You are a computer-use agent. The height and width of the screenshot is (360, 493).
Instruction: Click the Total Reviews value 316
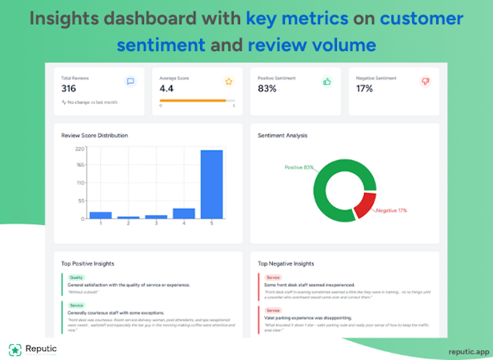[69, 89]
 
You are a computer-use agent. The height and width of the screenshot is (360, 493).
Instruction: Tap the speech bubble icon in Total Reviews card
[130, 82]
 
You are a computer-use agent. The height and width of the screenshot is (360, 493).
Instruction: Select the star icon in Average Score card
[228, 82]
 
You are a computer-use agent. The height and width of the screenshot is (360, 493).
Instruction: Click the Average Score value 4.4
[166, 89]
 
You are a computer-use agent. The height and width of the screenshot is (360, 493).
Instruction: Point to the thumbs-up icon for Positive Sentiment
[327, 82]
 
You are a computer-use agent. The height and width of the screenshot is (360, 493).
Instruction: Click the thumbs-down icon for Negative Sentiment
[424, 82]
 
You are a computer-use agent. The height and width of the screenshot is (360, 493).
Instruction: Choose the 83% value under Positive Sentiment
[267, 89]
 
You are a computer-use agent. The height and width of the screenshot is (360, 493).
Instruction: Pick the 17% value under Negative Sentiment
[364, 89]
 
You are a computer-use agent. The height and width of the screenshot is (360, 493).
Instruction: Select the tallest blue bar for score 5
[211, 184]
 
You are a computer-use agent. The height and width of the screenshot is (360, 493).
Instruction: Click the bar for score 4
[184, 214]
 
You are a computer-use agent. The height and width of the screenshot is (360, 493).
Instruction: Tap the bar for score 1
[100, 215]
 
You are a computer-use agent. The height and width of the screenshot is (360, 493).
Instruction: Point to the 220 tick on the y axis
[80, 149]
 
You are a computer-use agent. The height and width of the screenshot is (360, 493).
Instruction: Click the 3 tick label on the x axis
[156, 224]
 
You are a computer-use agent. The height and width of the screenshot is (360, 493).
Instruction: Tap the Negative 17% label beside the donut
[392, 210]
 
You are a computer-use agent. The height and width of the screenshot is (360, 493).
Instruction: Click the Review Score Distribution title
[94, 135]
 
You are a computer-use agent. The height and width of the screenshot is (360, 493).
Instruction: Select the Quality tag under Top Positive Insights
[76, 278]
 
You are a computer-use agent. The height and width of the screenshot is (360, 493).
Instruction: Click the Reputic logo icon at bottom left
[14, 350]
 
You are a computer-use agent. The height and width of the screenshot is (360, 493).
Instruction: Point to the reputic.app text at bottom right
[469, 351]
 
